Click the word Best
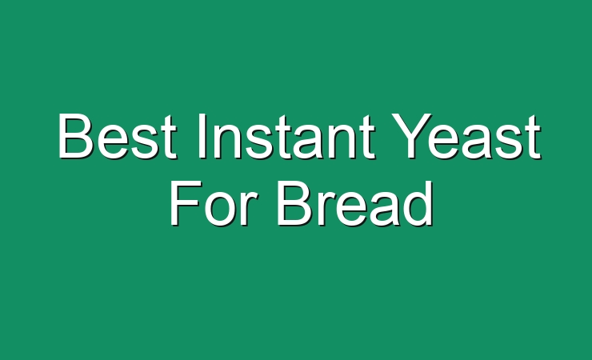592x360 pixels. (117, 135)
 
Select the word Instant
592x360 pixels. (286, 135)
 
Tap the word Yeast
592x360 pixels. (466, 135)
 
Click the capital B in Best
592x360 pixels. (75, 135)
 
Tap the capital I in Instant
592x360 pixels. (202, 135)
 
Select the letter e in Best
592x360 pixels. (113, 142)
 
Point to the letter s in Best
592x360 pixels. (146, 142)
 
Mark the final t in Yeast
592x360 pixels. (533, 137)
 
